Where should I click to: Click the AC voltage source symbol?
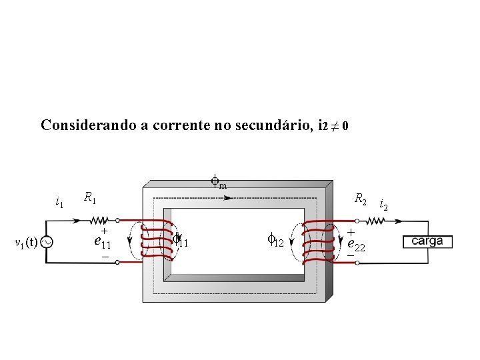[x=47, y=242]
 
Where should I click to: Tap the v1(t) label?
[x=26, y=242]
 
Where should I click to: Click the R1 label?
[x=89, y=197]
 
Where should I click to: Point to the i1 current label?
[x=59, y=201]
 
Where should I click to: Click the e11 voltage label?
[x=102, y=241]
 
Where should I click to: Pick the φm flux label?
[x=219, y=180]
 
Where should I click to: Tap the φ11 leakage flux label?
[x=180, y=240]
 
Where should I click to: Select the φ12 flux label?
[x=275, y=240]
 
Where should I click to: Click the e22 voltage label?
[x=356, y=244]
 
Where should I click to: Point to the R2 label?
[x=361, y=199]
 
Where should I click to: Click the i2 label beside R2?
[x=383, y=205]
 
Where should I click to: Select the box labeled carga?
[x=427, y=241]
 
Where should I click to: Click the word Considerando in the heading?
[x=87, y=125]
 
